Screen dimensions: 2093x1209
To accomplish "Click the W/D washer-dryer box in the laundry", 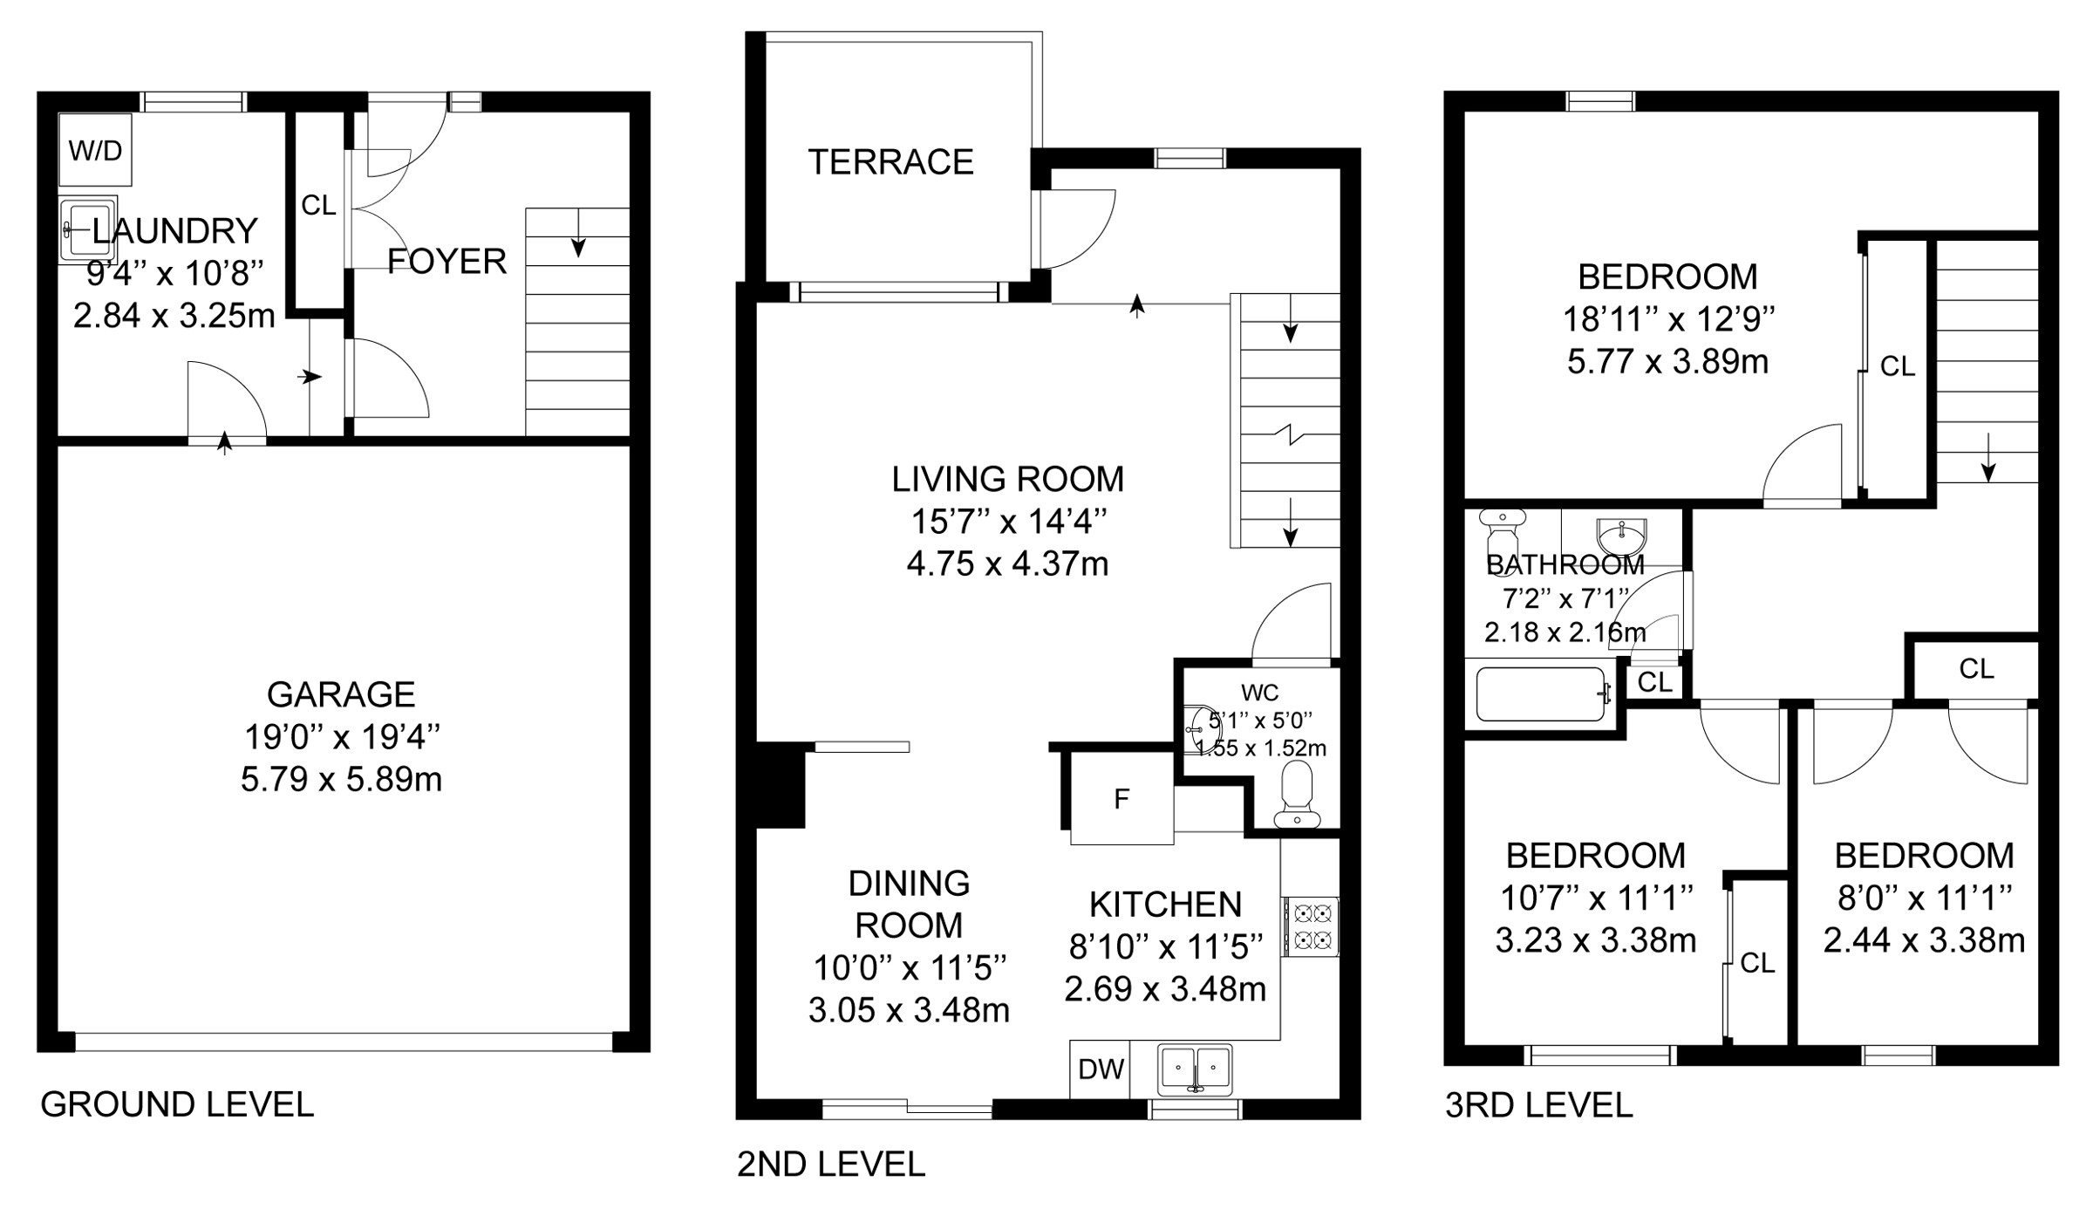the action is point(95,149).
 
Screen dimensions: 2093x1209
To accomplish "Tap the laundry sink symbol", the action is point(87,229).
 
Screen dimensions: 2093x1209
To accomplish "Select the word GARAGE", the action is point(341,694).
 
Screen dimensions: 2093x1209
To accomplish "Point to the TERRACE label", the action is point(890,162).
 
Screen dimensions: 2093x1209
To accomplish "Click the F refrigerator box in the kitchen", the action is point(1121,798).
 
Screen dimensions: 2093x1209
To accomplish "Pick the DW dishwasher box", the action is point(1101,1069).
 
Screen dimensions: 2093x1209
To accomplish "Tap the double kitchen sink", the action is point(1195,1069).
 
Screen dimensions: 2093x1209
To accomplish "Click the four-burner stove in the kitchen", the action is point(1310,926).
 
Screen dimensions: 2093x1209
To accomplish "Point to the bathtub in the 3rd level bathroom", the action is point(1542,694).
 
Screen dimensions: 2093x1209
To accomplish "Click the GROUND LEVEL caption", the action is point(177,1104).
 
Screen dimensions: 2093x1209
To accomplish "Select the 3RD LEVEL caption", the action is point(1539,1105).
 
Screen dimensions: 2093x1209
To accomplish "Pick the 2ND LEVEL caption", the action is point(831,1165).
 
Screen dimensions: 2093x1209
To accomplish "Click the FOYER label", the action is point(447,261).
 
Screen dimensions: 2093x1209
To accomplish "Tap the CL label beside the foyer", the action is point(318,206).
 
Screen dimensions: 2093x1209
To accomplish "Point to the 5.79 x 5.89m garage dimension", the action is point(341,779).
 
